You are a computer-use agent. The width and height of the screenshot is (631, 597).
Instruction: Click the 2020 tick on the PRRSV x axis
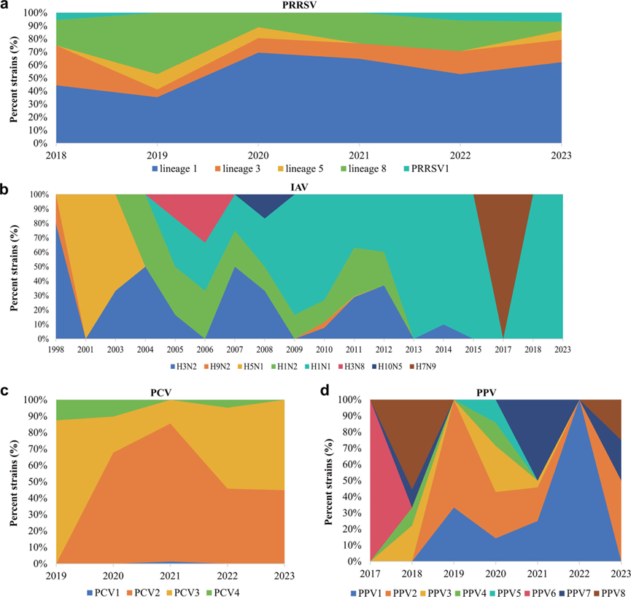tap(260, 155)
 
